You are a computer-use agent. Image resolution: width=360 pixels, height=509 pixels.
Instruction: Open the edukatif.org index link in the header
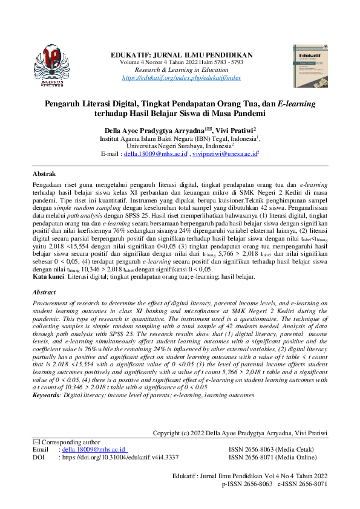(182, 78)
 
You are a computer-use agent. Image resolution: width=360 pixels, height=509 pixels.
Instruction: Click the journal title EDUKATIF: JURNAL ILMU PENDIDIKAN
(182, 56)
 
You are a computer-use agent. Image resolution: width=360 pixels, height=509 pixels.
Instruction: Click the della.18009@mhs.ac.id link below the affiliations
(153, 154)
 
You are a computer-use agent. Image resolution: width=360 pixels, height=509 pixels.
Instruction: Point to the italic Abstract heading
(44, 292)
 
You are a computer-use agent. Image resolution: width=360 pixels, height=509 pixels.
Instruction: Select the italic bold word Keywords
(47, 395)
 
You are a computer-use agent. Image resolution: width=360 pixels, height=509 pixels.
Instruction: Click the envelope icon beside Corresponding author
(36, 443)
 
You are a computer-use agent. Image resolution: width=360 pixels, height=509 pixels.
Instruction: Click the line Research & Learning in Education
(182, 70)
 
